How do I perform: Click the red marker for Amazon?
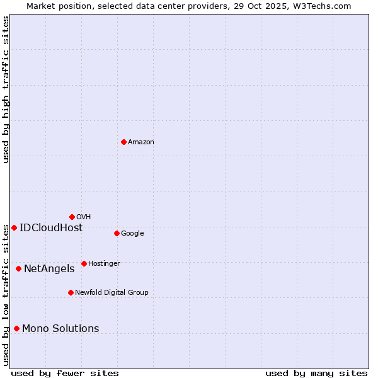123,142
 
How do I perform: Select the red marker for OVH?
72,217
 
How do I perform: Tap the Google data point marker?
117,233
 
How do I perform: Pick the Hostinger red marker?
84,263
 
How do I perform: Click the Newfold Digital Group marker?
71,292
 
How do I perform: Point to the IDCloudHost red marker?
14,227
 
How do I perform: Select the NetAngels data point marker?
18,268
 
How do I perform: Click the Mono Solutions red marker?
16,328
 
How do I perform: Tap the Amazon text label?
141,142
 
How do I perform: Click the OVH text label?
84,217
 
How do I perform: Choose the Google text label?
132,234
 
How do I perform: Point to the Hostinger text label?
104,264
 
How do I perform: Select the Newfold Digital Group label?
112,293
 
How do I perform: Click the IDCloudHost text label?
51,228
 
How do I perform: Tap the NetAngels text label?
49,269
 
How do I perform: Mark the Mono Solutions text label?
60,329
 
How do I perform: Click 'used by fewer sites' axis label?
65,373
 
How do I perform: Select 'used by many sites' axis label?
316,373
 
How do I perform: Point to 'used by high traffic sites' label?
6,89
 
